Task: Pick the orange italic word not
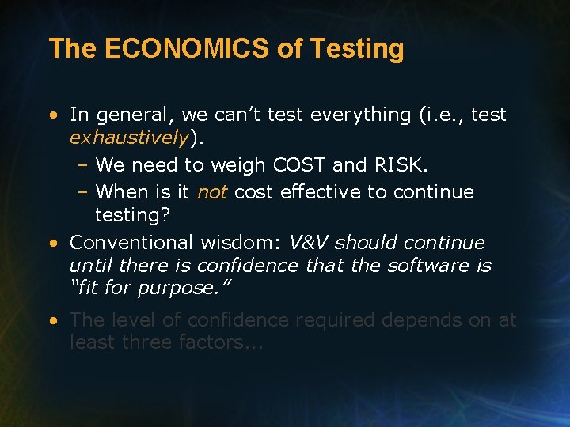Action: [211, 192]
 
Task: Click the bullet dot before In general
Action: [52, 115]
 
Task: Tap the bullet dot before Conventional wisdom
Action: [52, 244]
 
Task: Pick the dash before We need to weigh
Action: [82, 165]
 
